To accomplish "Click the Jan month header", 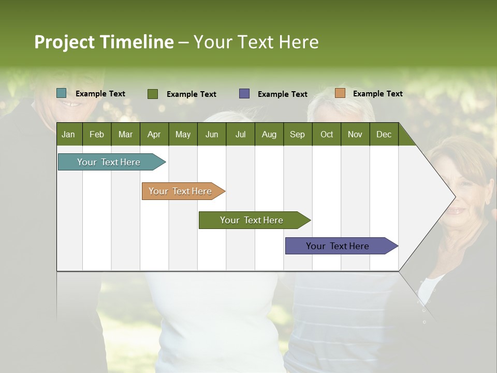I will (x=68, y=134).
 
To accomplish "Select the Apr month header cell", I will (x=154, y=134).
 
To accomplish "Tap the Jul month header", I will (x=240, y=134).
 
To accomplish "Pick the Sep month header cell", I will (x=297, y=134).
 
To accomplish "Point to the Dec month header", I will (x=384, y=134).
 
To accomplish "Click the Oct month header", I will (x=327, y=134).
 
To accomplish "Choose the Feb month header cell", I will (x=97, y=134).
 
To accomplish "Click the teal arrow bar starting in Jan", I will (x=109, y=162).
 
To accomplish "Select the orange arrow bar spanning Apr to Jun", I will (x=180, y=191).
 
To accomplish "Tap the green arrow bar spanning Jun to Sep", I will (x=252, y=220).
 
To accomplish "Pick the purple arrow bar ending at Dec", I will (x=338, y=246).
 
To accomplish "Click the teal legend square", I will (x=62, y=93).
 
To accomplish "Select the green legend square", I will (x=153, y=94).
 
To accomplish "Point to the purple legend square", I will (x=244, y=94).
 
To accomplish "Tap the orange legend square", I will (x=340, y=93).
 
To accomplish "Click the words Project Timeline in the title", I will (x=104, y=42).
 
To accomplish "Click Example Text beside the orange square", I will (x=377, y=94).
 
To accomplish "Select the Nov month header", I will (x=355, y=134).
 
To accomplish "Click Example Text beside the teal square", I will (x=100, y=94).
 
